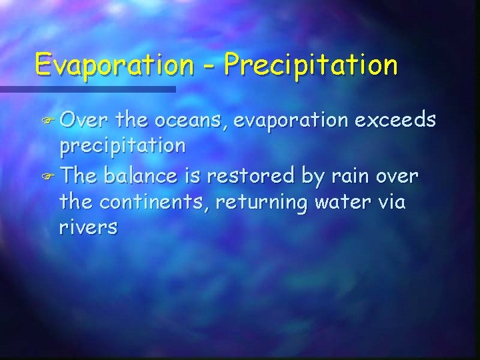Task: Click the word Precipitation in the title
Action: coord(311,65)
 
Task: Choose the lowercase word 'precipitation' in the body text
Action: coord(121,147)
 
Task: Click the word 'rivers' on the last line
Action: coord(88,228)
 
